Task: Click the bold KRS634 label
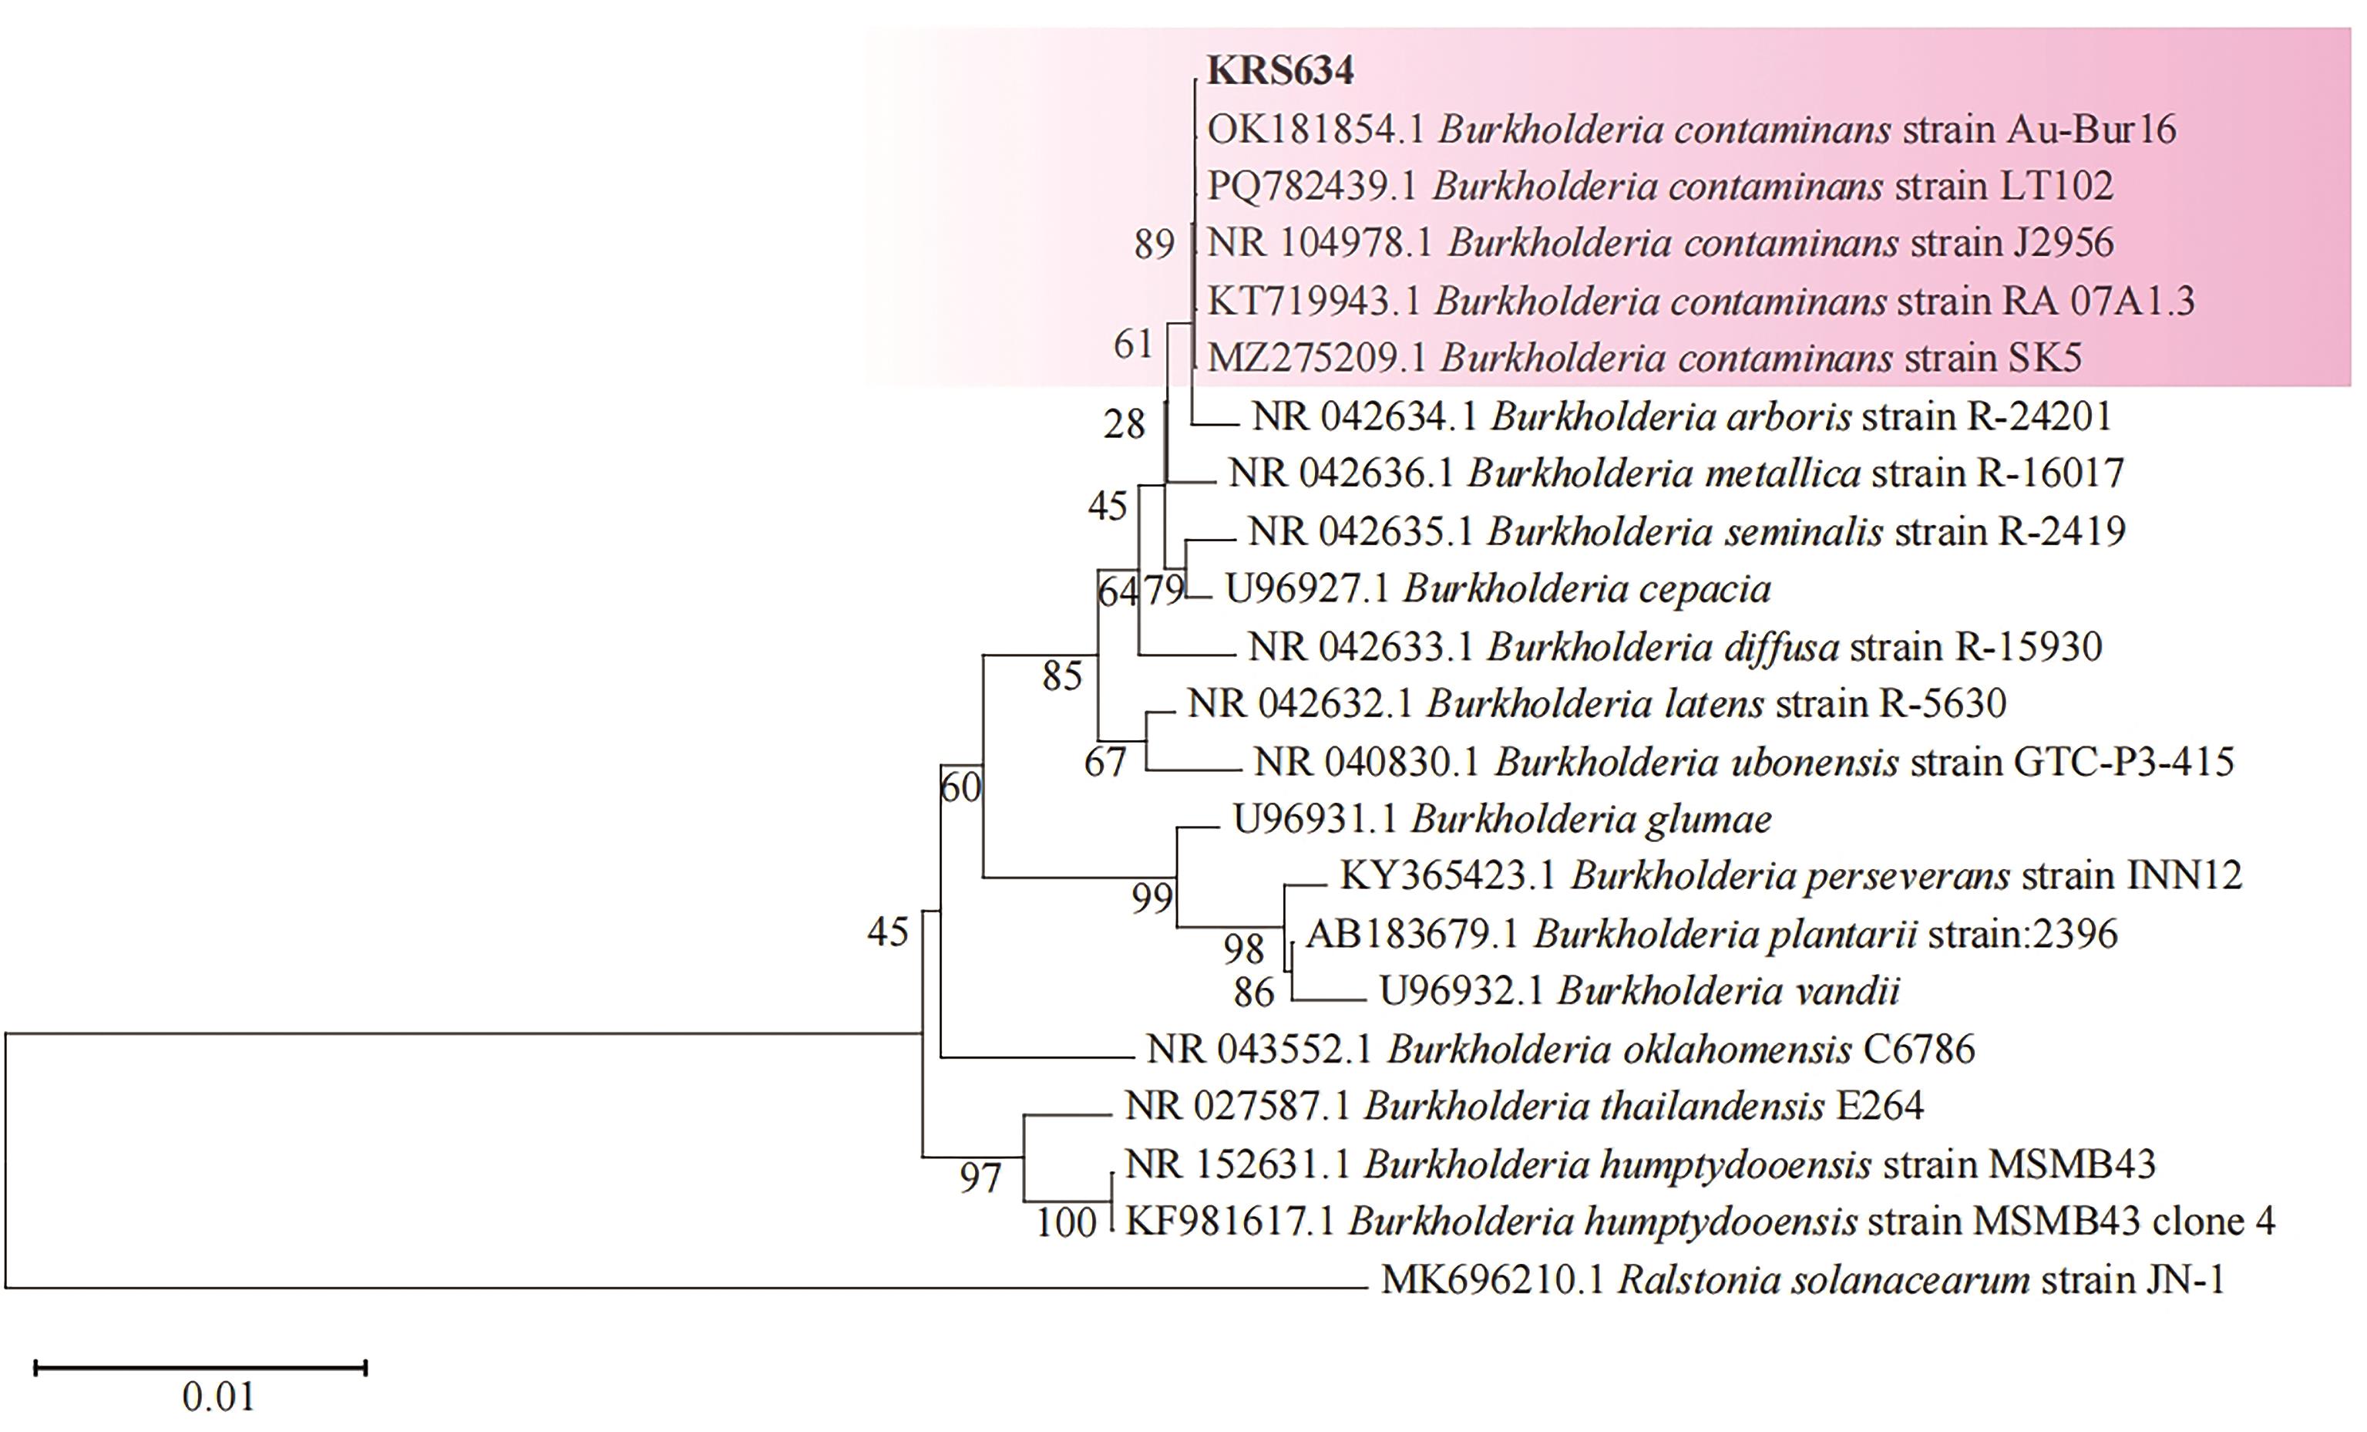[1279, 71]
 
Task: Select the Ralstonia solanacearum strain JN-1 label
[1803, 1280]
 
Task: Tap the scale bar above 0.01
[200, 1366]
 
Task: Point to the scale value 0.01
[219, 1397]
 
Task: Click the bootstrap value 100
[1065, 1224]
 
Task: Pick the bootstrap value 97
[980, 1178]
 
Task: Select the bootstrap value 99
[1152, 898]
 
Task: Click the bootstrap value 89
[1154, 245]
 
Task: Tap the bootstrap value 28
[1124, 424]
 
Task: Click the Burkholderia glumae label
[1502, 820]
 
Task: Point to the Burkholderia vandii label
[1639, 991]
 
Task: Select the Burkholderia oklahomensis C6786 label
[1560, 1050]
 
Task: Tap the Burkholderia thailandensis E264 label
[1524, 1107]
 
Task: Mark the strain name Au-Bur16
[2090, 130]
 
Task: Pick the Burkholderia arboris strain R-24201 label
[1682, 416]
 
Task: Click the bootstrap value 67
[1104, 763]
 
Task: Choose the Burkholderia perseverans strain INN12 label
[1790, 875]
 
